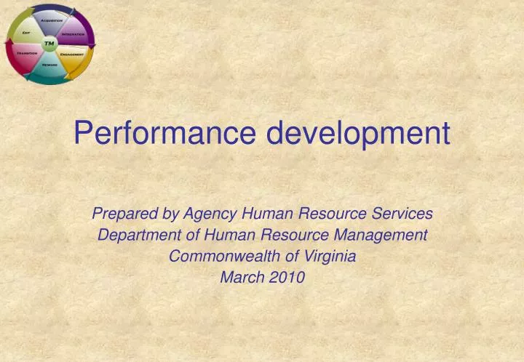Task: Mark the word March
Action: (x=240, y=277)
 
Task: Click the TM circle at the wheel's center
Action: (x=49, y=44)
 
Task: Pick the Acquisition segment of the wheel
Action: (x=50, y=19)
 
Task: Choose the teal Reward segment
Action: (x=49, y=68)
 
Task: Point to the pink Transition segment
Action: (x=26, y=56)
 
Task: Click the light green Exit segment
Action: (x=27, y=31)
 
